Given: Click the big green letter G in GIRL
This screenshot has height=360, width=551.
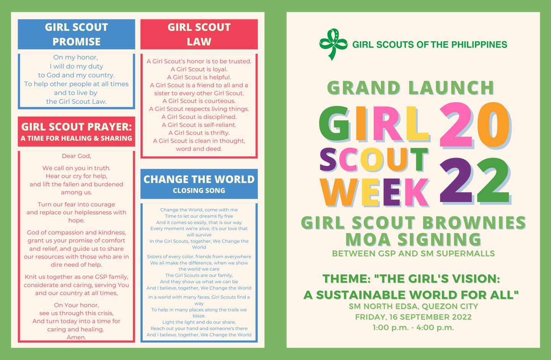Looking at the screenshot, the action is point(334,124).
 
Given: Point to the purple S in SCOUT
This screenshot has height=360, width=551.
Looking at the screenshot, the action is point(328,160).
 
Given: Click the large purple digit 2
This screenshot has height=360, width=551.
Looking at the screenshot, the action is point(456,180).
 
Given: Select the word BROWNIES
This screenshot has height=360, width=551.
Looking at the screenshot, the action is point(474,223).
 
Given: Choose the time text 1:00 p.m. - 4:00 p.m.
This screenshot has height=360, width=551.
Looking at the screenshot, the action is point(413,327).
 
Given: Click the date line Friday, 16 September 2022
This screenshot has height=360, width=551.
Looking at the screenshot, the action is point(413,317).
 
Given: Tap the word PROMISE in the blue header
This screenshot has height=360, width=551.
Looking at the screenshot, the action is point(77,42).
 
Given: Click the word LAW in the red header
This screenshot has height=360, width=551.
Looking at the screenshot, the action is point(199,42).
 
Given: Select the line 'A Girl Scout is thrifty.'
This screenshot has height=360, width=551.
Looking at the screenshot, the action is point(199,133).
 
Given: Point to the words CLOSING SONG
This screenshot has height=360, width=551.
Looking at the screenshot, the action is point(199,191).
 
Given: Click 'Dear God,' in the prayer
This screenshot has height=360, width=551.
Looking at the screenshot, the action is point(77,156).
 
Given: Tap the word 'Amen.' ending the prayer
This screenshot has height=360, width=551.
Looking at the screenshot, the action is point(77,337).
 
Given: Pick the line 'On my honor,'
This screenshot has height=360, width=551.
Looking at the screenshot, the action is point(76,57).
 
